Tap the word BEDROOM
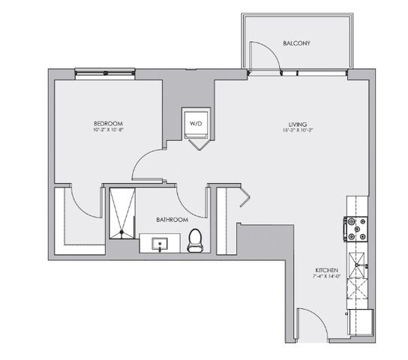pyautogui.click(x=108, y=123)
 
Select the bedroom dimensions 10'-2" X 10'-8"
pyautogui.click(x=108, y=130)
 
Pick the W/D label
pyautogui.click(x=196, y=122)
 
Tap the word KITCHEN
pyautogui.click(x=326, y=268)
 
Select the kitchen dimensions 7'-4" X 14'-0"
pyautogui.click(x=326, y=275)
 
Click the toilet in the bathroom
pyautogui.click(x=195, y=239)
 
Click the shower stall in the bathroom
pyautogui.click(x=121, y=213)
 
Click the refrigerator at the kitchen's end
pyautogui.click(x=361, y=321)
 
